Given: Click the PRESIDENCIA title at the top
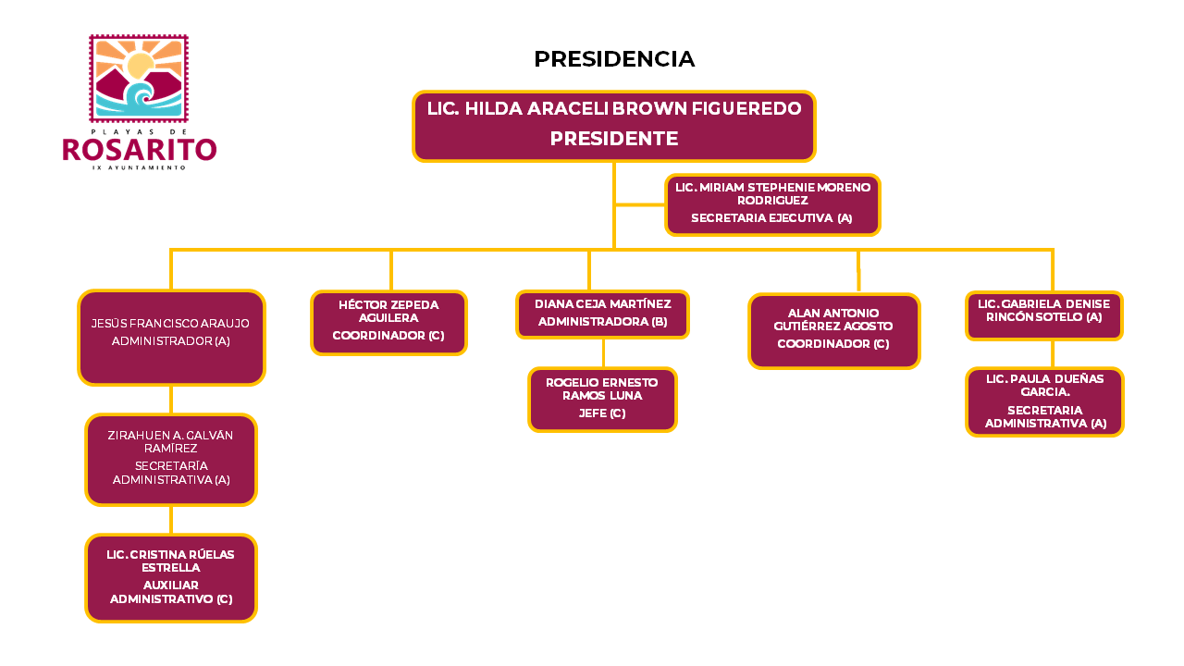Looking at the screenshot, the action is [x=614, y=58].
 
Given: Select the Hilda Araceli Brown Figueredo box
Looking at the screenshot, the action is [x=614, y=126].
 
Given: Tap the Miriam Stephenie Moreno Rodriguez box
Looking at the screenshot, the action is [x=772, y=204].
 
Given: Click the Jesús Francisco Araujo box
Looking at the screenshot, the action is [x=171, y=338].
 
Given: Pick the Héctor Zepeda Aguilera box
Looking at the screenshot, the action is [x=389, y=323].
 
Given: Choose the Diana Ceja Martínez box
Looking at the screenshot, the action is [x=602, y=314].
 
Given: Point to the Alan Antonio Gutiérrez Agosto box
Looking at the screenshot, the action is [x=834, y=331].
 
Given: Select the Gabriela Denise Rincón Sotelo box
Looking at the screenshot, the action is [x=1044, y=315].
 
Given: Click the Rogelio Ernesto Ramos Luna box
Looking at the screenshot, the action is [x=602, y=400].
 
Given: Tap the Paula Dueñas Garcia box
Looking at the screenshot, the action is [x=1044, y=401].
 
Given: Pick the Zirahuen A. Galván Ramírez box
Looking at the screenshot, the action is [x=171, y=460].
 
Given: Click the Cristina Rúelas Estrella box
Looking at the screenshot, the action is [x=171, y=578].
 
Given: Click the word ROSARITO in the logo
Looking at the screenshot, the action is [x=140, y=150].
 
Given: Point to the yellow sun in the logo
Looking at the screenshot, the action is [x=140, y=65].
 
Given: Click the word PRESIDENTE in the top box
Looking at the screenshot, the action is [x=614, y=139].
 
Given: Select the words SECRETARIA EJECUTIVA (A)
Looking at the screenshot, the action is [x=771, y=217].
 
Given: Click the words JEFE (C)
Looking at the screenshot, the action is [x=602, y=413].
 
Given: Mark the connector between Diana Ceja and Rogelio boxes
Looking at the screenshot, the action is [x=603, y=353].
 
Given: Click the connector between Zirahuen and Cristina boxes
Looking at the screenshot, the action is [x=171, y=520].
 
